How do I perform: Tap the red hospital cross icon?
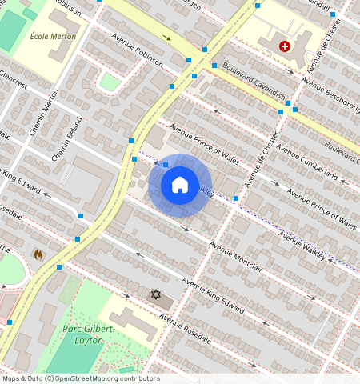pos(284,47)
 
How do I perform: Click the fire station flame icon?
pos(38,254)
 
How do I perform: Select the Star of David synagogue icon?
pos(156,294)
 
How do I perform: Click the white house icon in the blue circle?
pos(180,186)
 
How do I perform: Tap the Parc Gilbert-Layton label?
pos(90,334)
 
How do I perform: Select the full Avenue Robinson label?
pos(138,50)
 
